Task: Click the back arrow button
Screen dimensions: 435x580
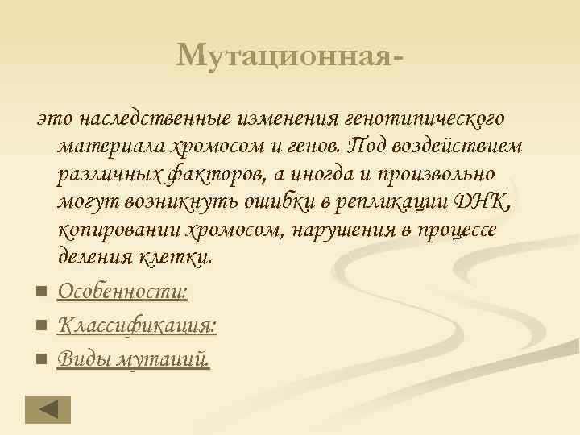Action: (x=48, y=408)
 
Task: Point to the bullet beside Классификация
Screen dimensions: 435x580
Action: (x=40, y=326)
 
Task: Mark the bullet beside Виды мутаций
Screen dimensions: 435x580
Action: (x=40, y=359)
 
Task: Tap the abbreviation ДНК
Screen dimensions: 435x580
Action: (x=484, y=202)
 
